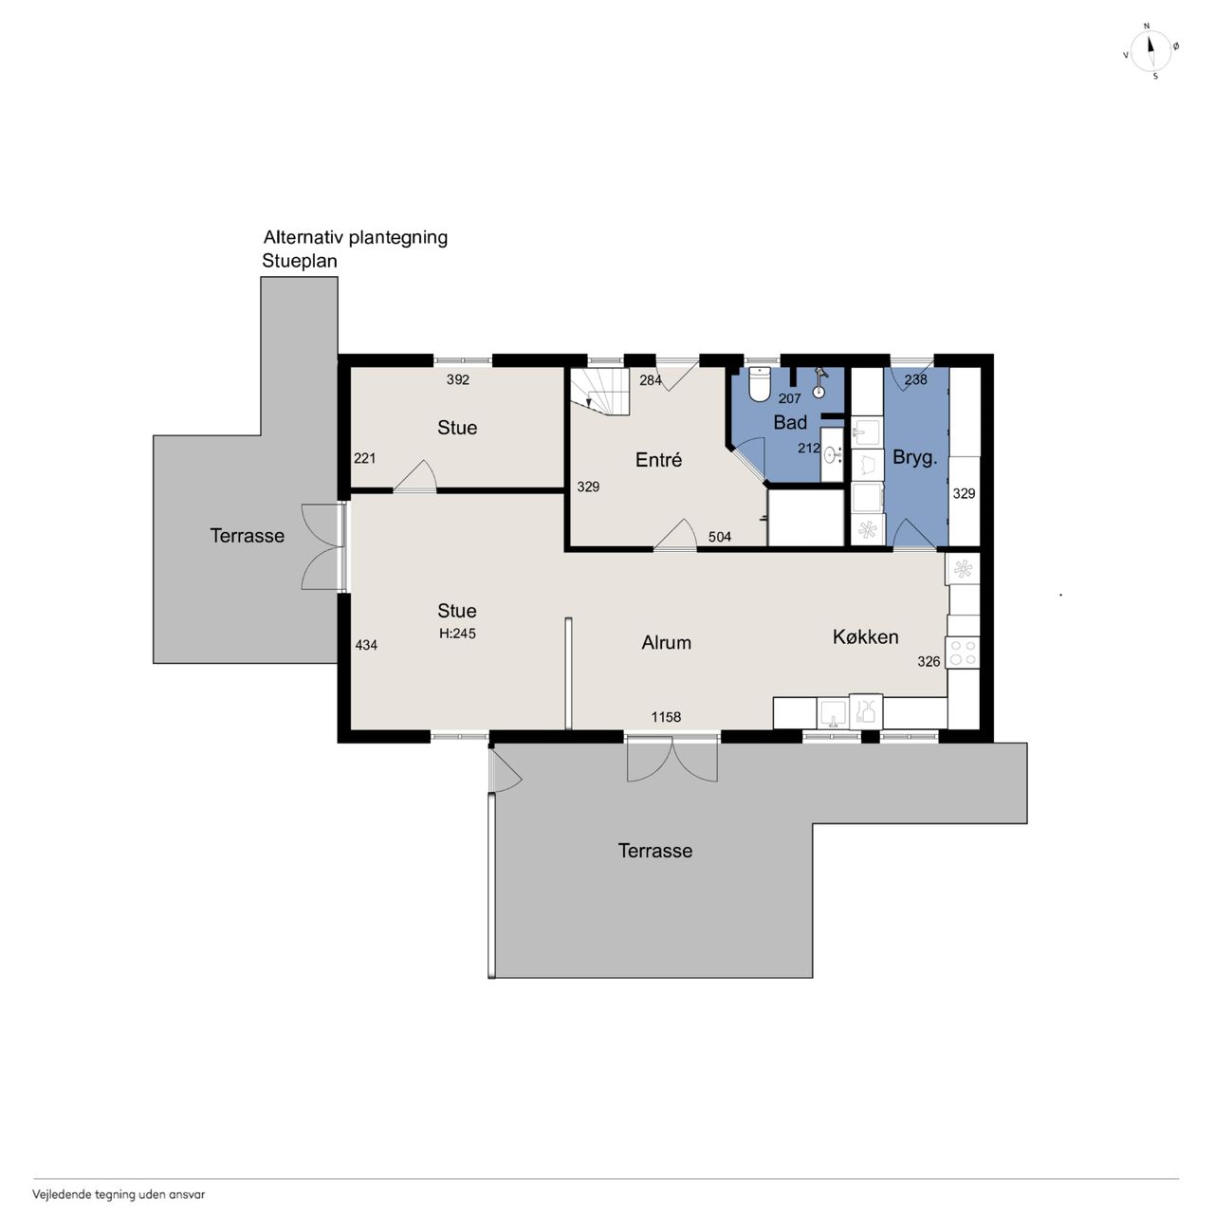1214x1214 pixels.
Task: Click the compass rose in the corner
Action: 1150,51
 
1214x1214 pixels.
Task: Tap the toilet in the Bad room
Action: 759,384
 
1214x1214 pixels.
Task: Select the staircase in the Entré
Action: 599,391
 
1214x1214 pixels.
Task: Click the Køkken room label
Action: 865,637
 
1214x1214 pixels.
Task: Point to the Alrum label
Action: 666,643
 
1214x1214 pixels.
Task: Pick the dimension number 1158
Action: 666,717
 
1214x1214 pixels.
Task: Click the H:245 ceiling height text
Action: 457,634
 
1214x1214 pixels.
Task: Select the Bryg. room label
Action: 914,458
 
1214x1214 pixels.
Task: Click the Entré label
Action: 658,460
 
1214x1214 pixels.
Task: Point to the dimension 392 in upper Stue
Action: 458,379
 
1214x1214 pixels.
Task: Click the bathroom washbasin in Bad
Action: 833,453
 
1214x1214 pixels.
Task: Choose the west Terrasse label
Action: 247,536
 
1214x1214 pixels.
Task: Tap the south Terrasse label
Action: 655,851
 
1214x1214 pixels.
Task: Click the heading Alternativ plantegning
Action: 356,237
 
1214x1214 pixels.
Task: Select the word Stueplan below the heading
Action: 300,261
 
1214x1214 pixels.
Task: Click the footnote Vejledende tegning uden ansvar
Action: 119,1194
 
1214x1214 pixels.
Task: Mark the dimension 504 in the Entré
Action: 720,537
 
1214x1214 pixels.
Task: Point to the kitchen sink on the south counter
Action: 833,713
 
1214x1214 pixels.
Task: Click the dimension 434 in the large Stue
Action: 366,645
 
